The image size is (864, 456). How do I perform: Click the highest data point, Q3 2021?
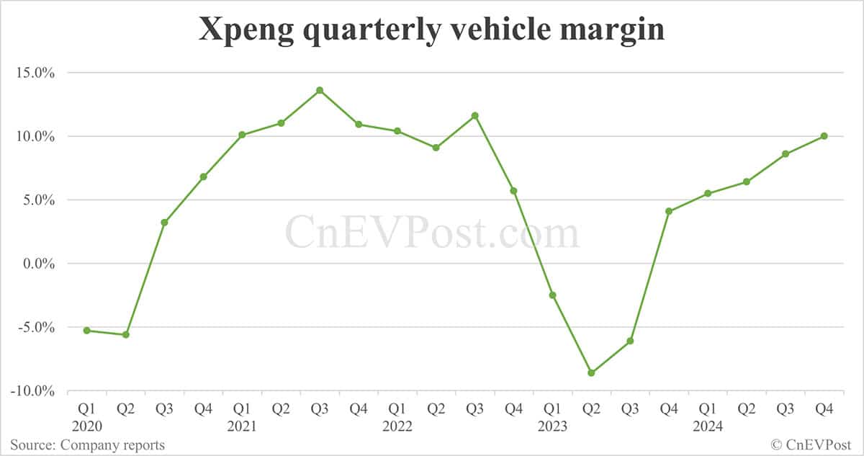point(320,90)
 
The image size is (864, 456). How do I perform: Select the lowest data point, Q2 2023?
point(591,372)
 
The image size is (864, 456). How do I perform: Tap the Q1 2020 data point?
point(87,330)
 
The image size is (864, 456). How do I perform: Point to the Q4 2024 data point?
point(824,135)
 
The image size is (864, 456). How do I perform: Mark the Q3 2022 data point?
point(475,115)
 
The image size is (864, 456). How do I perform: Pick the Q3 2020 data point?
point(164,222)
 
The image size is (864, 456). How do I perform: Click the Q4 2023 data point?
point(669,211)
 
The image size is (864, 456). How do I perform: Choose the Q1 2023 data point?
point(553,295)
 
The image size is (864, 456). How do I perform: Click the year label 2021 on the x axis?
point(242,426)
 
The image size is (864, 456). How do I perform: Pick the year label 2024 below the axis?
point(708,426)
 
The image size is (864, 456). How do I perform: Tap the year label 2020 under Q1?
point(87,426)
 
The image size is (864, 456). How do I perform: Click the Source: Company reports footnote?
point(87,445)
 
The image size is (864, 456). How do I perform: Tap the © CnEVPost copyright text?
point(811,445)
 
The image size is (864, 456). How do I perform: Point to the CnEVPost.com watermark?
point(432,233)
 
